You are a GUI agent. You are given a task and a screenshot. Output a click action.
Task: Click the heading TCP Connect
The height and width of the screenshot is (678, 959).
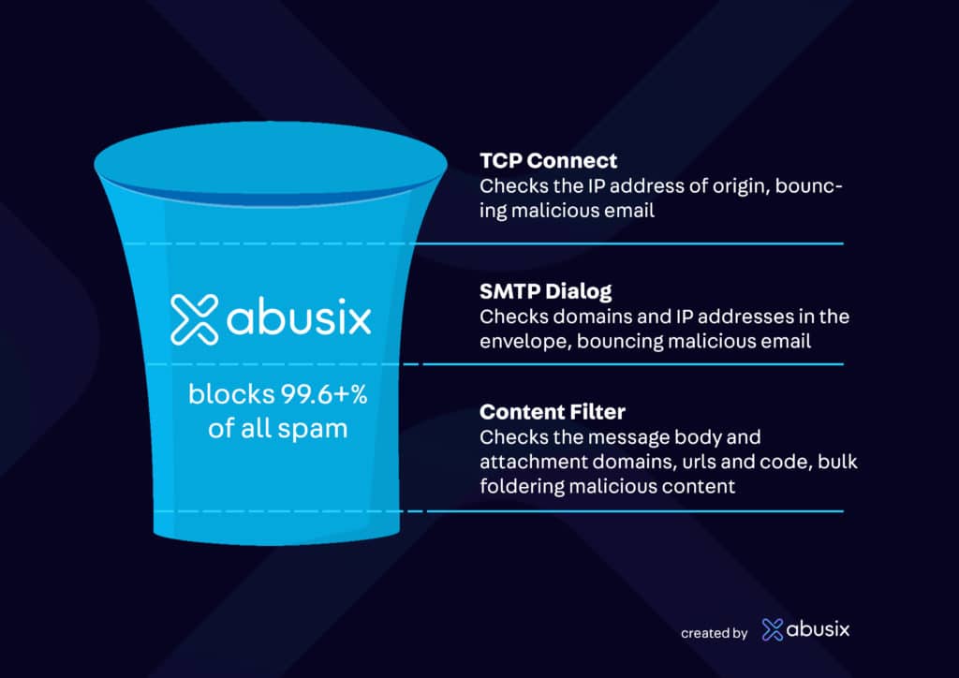(x=548, y=161)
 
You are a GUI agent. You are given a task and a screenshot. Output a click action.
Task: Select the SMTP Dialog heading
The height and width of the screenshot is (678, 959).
(x=546, y=291)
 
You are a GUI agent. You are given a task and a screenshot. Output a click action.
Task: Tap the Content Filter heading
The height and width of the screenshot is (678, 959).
(x=553, y=412)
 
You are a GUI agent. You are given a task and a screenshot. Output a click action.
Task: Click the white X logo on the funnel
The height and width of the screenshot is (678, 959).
(x=195, y=319)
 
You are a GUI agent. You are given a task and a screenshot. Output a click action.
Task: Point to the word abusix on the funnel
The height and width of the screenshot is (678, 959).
(x=299, y=317)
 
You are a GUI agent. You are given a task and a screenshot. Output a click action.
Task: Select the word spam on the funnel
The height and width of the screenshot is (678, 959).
(x=313, y=430)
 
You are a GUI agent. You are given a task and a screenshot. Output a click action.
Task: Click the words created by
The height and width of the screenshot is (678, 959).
(x=715, y=633)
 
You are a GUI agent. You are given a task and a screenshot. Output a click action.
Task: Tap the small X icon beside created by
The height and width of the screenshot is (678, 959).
(x=773, y=629)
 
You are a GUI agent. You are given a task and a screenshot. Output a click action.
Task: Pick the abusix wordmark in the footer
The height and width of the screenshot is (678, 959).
(x=819, y=629)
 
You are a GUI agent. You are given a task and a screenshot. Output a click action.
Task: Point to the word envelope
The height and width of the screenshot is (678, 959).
(x=525, y=342)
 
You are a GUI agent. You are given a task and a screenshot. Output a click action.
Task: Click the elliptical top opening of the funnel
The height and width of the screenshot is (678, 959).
(x=271, y=162)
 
